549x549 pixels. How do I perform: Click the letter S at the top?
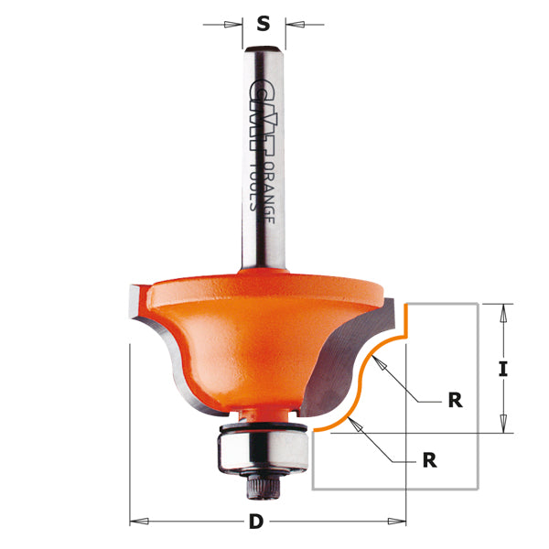(264, 23)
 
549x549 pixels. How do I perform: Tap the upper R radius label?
(455, 400)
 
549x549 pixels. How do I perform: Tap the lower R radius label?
(428, 460)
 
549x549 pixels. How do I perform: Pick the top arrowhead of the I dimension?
(501, 309)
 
